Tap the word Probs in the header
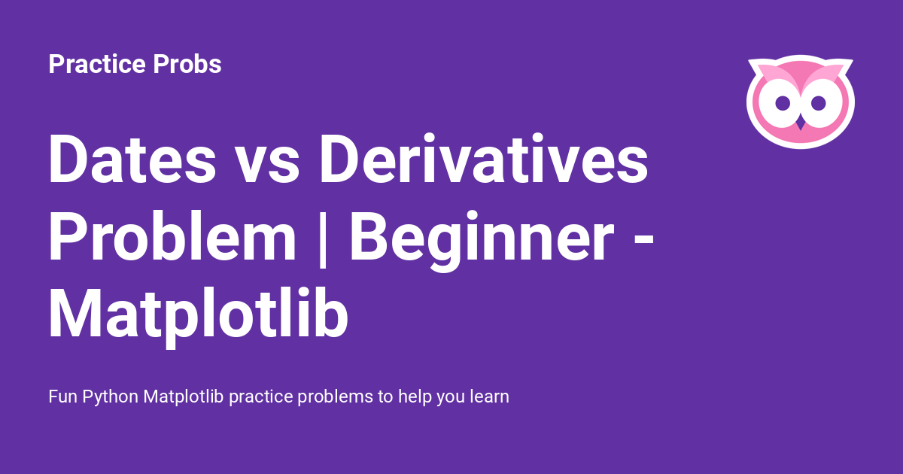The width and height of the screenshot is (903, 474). coord(187,65)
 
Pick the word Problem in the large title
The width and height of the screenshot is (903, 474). coord(172,236)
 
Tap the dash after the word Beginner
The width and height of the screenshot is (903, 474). coord(637,239)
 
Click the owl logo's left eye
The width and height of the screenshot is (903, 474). coord(782,101)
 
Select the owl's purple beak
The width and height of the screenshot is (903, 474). coord(801,120)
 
